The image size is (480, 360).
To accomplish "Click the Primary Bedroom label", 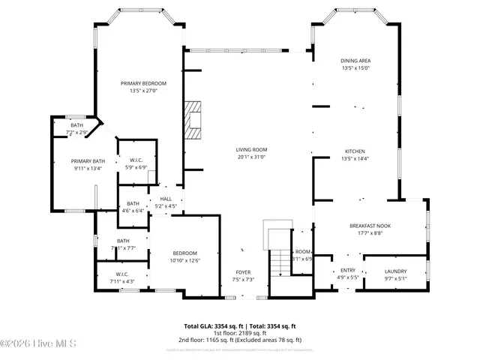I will click(x=143, y=83).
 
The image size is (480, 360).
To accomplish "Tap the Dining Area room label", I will click(x=355, y=61).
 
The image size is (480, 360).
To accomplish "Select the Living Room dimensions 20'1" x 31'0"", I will click(x=252, y=157).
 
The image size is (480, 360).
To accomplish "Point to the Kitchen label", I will click(x=355, y=150).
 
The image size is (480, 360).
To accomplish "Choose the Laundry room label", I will click(x=395, y=271).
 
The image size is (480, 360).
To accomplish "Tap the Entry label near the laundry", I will click(x=348, y=271).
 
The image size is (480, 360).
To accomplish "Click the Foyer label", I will click(x=243, y=272).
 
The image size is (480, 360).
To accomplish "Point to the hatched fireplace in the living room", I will click(x=195, y=120).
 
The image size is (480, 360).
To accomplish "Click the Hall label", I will click(x=166, y=199).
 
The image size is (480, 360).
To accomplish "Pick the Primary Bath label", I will click(x=88, y=161).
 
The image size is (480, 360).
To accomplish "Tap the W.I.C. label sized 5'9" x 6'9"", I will click(x=136, y=160).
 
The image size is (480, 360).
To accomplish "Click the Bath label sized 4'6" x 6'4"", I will click(x=133, y=204).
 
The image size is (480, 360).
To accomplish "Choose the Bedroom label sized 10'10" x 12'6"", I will click(x=184, y=253).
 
